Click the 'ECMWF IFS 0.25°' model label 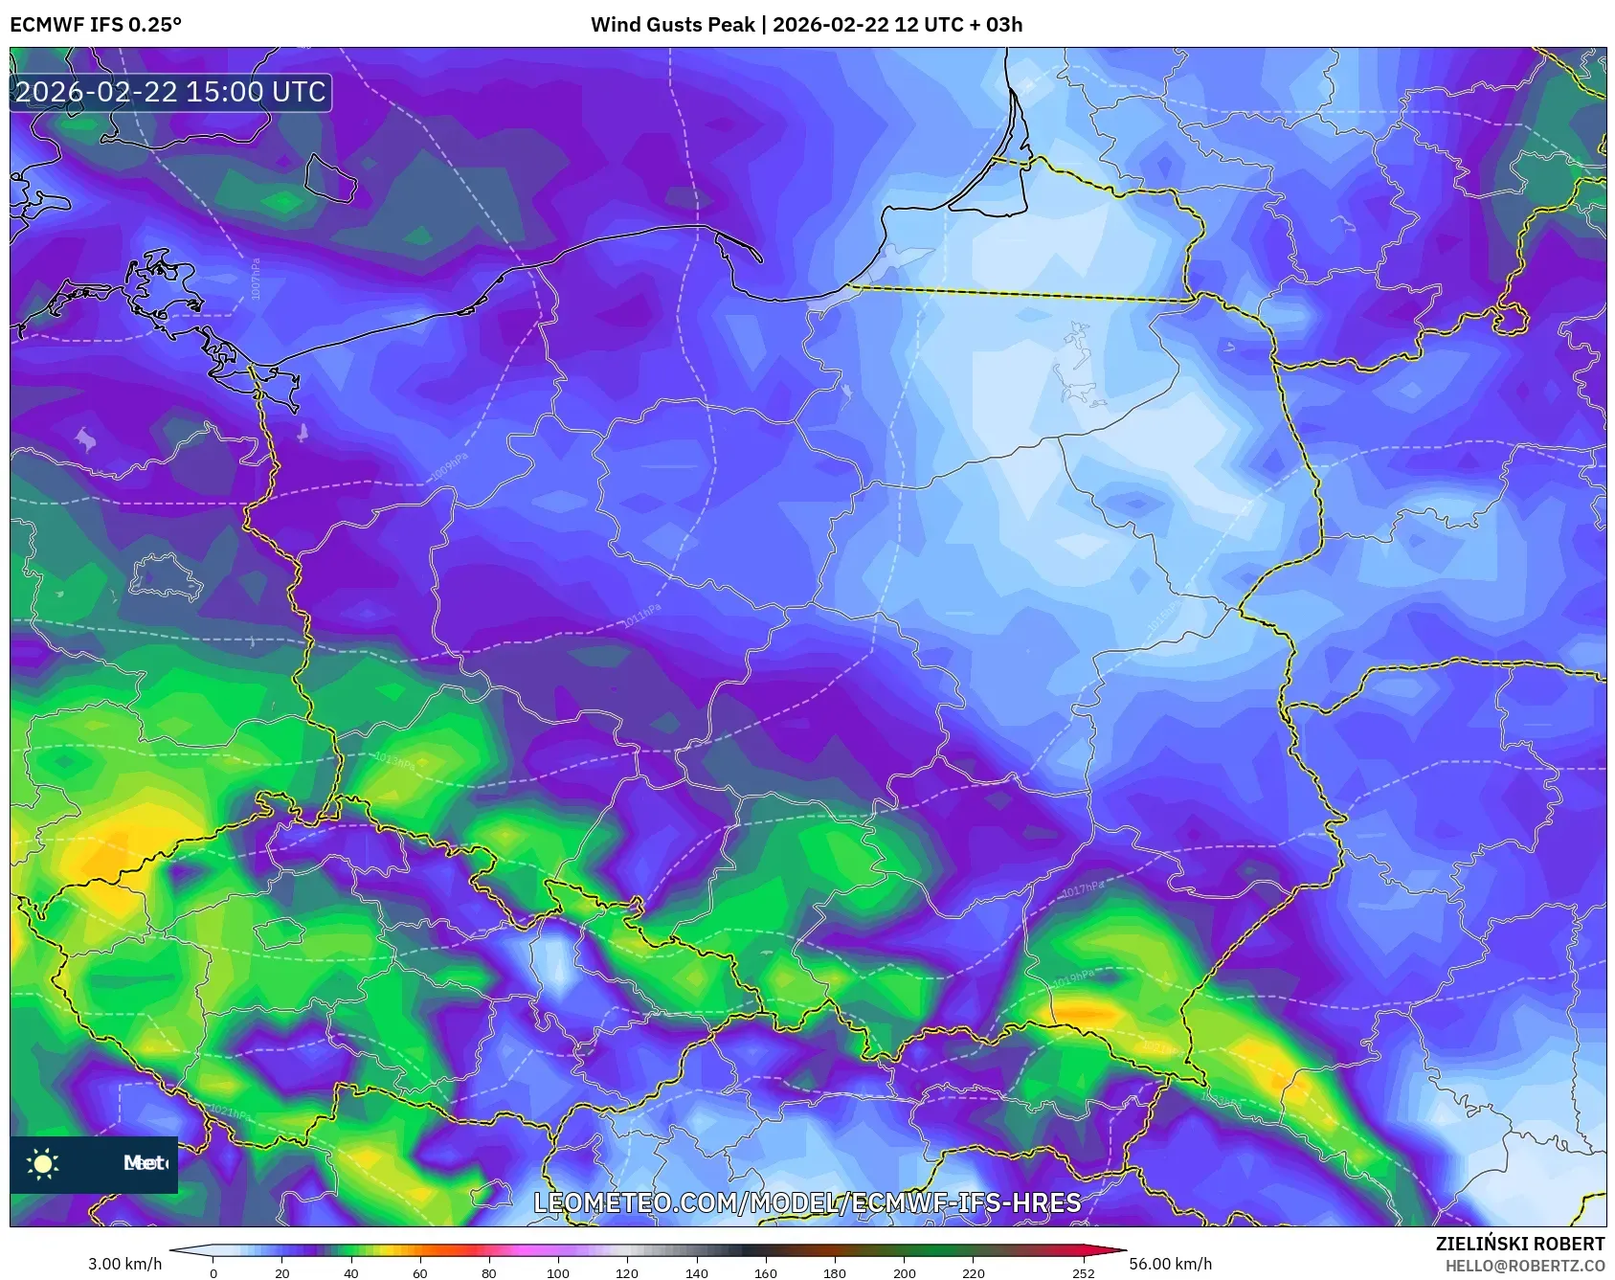coord(96,25)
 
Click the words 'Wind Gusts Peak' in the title coord(672,25)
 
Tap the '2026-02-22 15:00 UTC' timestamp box coord(170,92)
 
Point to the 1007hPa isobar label coord(256,279)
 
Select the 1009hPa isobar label coord(449,467)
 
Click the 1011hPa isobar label coord(641,615)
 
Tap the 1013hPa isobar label coord(394,761)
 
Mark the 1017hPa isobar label coord(1082,890)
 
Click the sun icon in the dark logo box coord(43,1163)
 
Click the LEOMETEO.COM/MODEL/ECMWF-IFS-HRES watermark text coord(807,1202)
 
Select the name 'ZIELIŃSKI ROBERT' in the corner coord(1519,1244)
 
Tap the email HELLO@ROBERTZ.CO coord(1524,1266)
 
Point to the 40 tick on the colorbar coord(351,1273)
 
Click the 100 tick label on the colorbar coord(558,1273)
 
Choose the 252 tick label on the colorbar coord(1083,1273)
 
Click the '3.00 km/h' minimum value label coord(124,1264)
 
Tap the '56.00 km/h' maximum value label coord(1170,1264)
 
